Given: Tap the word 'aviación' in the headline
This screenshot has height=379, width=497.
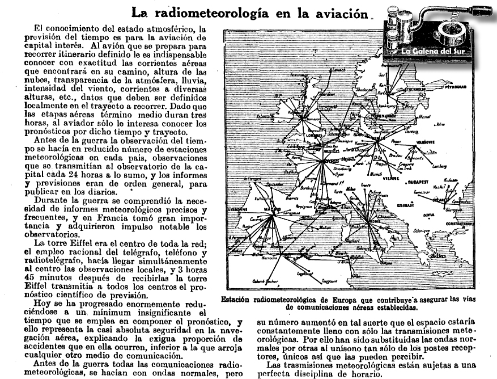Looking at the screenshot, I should click(x=336, y=13).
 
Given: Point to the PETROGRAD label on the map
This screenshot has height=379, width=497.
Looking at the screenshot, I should click(x=457, y=88).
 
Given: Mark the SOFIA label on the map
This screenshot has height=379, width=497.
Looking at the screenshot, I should click(x=428, y=215).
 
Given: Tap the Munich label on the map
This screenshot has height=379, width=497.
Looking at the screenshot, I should click(x=376, y=174).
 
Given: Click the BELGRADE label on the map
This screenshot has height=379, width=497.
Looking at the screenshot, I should click(x=405, y=204).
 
